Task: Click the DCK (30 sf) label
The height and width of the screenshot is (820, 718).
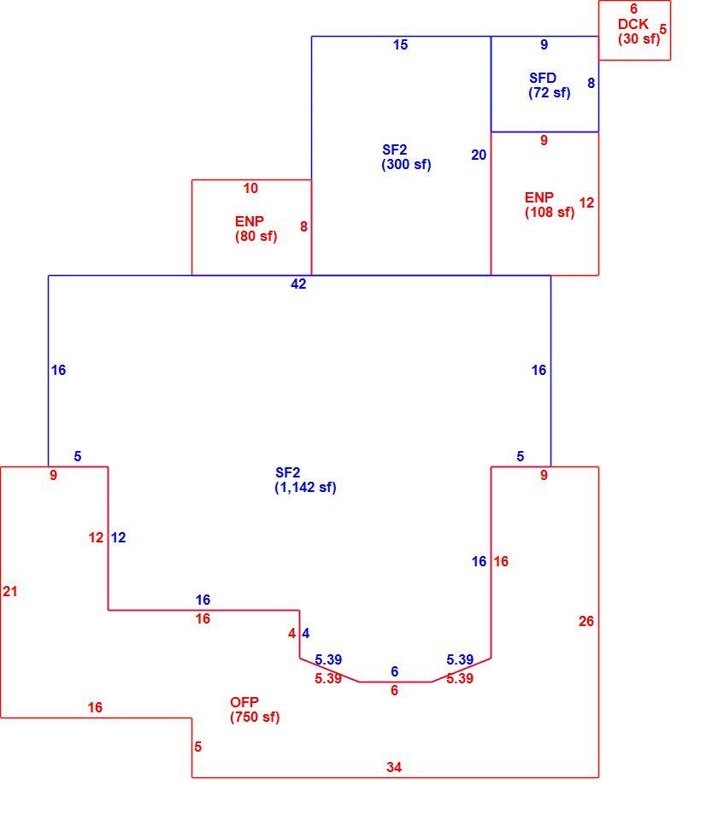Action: pyautogui.click(x=639, y=32)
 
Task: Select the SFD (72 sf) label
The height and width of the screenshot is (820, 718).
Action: pyautogui.click(x=549, y=85)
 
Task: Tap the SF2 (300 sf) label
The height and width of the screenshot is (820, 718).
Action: pyautogui.click(x=406, y=157)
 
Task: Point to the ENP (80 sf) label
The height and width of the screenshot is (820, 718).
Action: pyautogui.click(x=256, y=229)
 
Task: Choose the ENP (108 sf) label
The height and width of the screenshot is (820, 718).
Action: pyautogui.click(x=550, y=205)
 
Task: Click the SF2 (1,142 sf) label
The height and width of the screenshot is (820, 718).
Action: pyautogui.click(x=305, y=480)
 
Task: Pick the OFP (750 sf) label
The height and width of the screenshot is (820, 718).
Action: pyautogui.click(x=255, y=710)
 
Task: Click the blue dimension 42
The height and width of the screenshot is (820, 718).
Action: pyautogui.click(x=298, y=284)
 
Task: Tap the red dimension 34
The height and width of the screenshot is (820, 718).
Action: pyautogui.click(x=394, y=767)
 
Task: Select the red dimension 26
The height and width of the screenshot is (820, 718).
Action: pyautogui.click(x=586, y=621)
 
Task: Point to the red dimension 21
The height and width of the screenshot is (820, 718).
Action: pyautogui.click(x=10, y=591)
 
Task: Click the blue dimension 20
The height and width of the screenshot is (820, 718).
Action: pyautogui.click(x=479, y=155)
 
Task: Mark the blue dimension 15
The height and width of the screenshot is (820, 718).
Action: pyautogui.click(x=400, y=45)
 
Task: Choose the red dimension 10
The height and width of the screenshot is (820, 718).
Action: pyautogui.click(x=250, y=188)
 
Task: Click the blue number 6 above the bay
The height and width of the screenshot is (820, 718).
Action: pyautogui.click(x=395, y=671)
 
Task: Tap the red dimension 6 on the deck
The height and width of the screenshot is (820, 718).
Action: pyautogui.click(x=633, y=9)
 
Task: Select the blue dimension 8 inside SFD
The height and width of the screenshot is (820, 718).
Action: pyautogui.click(x=591, y=83)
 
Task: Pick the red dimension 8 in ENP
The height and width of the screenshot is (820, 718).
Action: pyautogui.click(x=303, y=227)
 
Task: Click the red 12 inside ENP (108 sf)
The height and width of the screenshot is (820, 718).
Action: pyautogui.click(x=586, y=203)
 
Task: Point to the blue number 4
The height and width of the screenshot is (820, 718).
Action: pyautogui.click(x=306, y=633)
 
